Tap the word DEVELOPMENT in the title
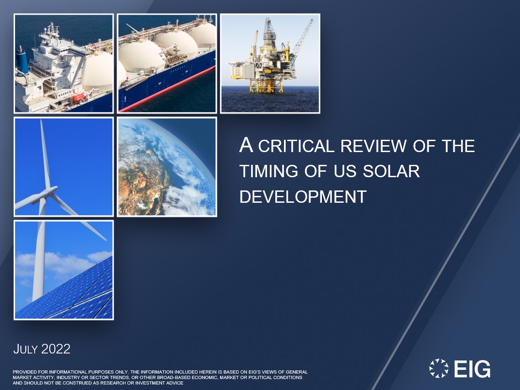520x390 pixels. coord(303,196)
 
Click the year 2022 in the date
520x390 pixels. coord(56,349)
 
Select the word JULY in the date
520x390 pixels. coord(26,349)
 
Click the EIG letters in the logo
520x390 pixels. coord(472,369)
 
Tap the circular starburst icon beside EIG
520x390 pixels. coord(439,369)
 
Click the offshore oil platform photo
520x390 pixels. coord(270,63)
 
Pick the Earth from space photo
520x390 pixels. coord(167,167)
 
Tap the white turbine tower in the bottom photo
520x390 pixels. coord(39,265)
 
